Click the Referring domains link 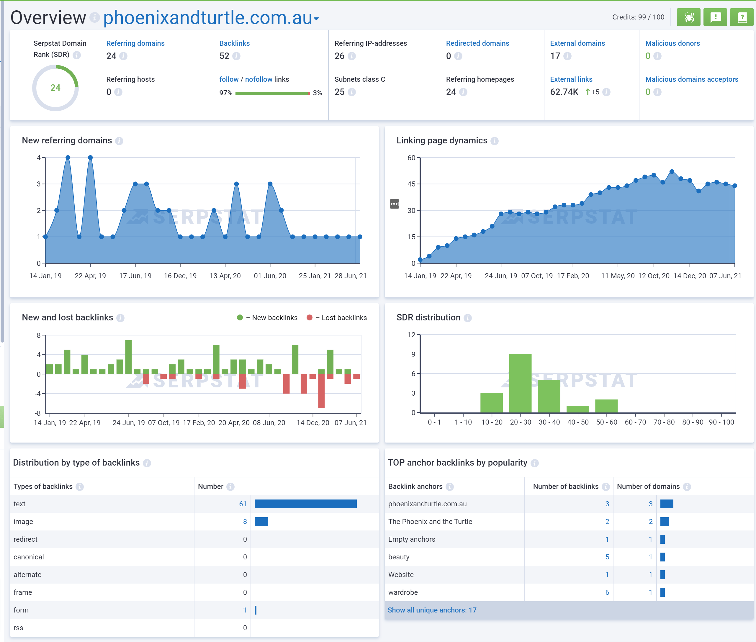135,43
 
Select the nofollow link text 258,79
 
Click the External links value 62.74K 564,92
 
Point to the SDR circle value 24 55,88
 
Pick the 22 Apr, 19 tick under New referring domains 90,276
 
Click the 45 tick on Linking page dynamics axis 411,184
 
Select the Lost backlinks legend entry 343,318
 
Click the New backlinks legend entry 274,318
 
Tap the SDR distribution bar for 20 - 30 520,383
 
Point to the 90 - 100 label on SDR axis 721,422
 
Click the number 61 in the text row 243,504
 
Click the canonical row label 28,557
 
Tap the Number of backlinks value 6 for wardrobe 607,592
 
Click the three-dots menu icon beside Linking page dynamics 394,204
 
